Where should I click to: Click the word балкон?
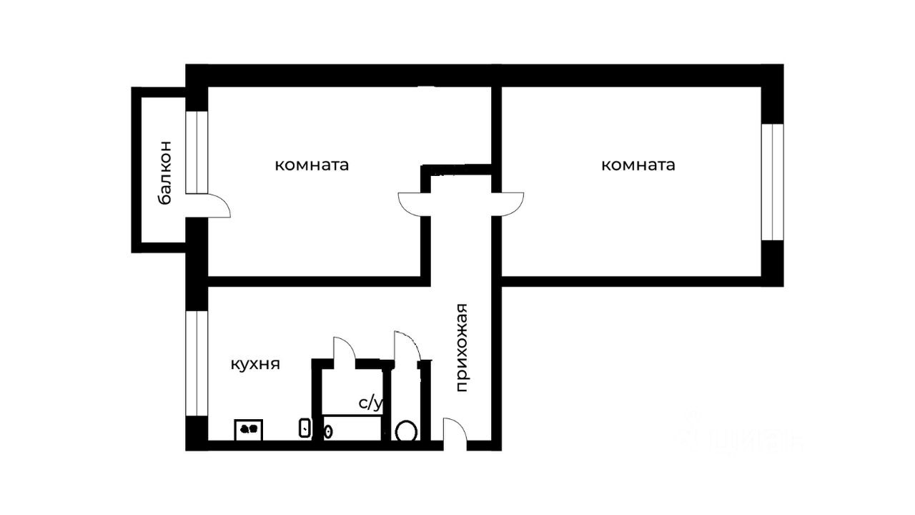tap(164, 172)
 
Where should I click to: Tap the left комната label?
tap(312, 166)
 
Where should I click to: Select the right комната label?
tap(638, 166)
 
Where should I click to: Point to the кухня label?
tap(254, 364)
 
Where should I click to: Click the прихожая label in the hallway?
tap(462, 348)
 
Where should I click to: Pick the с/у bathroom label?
tap(371, 403)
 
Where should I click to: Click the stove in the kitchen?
tap(249, 429)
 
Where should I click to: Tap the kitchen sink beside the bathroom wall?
tap(305, 428)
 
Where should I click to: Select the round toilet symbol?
tap(407, 431)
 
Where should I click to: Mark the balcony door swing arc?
tap(218, 206)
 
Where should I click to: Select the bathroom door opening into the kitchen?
tap(344, 349)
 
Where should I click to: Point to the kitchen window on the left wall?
tap(197, 363)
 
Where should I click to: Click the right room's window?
tap(772, 182)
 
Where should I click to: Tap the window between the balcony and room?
tap(197, 152)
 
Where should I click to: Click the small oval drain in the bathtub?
tap(329, 431)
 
